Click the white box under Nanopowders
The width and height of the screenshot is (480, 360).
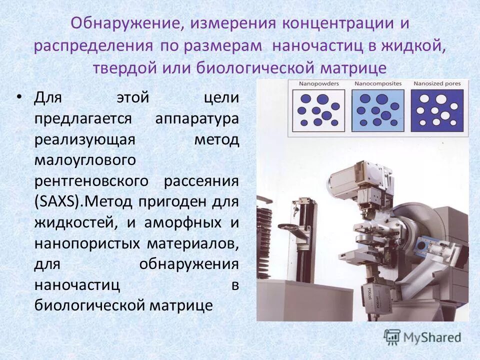tap(318, 109)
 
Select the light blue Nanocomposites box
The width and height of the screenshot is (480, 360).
tap(378, 109)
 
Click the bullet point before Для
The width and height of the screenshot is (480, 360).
tap(19, 97)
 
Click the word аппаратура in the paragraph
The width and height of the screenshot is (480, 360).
tap(197, 119)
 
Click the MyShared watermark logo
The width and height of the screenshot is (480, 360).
tap(422, 337)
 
